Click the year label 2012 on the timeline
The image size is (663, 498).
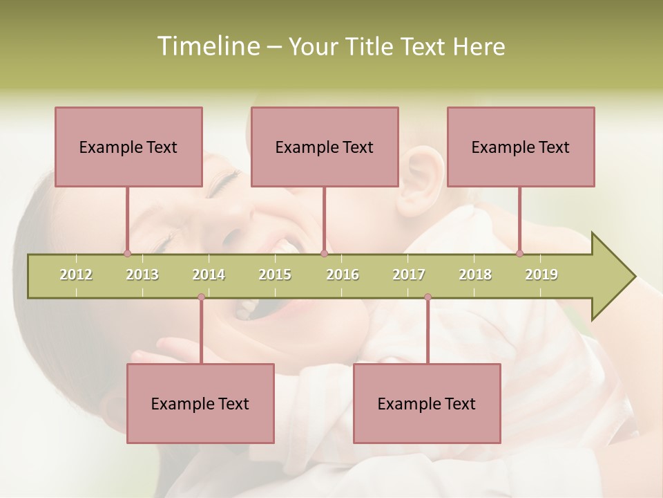tap(76, 275)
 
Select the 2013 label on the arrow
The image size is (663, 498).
tap(142, 275)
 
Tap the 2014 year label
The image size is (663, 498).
tap(209, 275)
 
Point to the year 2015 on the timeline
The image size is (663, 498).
tap(275, 275)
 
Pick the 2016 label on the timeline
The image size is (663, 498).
tap(343, 275)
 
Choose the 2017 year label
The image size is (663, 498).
tap(409, 275)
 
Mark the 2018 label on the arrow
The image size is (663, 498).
tap(475, 275)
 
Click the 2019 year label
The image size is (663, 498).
tap(541, 275)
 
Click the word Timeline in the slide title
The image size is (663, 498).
tap(206, 46)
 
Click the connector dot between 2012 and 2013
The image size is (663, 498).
tap(127, 253)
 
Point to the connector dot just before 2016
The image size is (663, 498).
tap(324, 253)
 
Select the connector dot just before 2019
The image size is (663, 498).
tap(519, 253)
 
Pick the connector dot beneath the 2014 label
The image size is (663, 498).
tap(201, 297)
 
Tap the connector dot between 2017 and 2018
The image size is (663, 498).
tap(427, 297)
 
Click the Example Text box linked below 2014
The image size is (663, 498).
tap(200, 403)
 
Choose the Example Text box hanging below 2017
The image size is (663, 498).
tap(427, 403)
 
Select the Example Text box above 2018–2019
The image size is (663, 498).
tap(521, 147)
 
